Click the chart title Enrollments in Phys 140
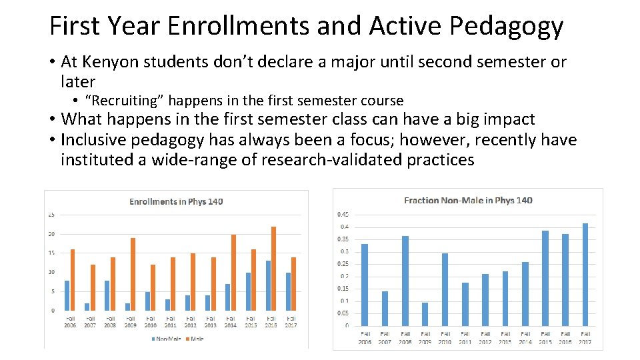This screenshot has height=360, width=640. pos(176,201)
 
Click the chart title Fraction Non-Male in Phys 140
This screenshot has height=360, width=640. pos(468,200)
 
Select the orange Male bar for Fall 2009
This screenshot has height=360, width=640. pos(133,274)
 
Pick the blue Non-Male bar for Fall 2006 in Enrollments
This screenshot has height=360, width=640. pos(67,295)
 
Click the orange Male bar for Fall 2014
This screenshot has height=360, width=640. pos(233,272)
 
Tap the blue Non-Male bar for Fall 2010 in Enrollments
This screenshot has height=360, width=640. pos(147,301)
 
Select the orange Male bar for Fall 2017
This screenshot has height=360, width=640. pos(293,283)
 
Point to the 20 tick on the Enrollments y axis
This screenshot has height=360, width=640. pos(51,234)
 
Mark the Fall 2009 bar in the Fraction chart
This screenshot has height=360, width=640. pos(425,313)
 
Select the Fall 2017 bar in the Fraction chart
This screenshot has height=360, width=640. pos(585,274)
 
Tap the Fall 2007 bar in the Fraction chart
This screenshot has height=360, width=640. pos(385,308)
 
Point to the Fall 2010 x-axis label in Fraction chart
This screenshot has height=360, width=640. pos(445,338)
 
